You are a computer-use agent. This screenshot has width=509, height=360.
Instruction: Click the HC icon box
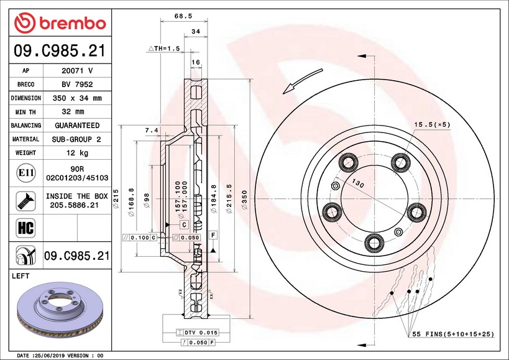21,227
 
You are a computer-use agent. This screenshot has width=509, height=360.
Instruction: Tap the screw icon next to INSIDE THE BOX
21,200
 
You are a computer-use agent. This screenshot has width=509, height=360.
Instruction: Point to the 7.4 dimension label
151,130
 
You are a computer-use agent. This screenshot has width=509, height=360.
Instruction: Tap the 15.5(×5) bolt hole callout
433,125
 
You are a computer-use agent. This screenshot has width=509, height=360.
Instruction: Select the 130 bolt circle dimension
357,183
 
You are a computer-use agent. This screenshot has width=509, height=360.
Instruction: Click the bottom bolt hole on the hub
374,241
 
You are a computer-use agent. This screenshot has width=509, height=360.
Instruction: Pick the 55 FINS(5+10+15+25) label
453,335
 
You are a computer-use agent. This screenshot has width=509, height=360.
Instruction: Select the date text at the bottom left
59,356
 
